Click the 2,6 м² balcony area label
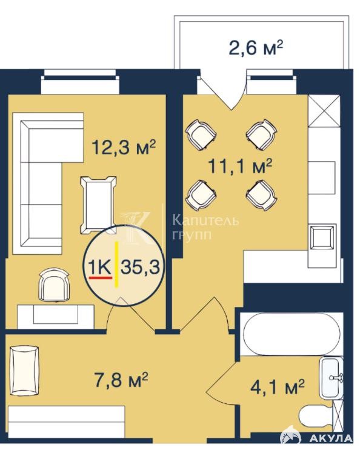point(256,48)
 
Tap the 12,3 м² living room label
point(124,147)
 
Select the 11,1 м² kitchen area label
point(240,166)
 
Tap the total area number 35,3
point(140,267)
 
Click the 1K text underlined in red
point(100,267)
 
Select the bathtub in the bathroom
point(292,334)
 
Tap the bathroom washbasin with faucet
point(332,378)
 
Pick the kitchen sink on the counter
point(322,237)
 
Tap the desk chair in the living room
point(55,285)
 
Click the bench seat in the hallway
point(25,371)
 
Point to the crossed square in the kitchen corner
point(324,111)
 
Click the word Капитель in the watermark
point(205,220)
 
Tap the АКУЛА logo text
point(331,438)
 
